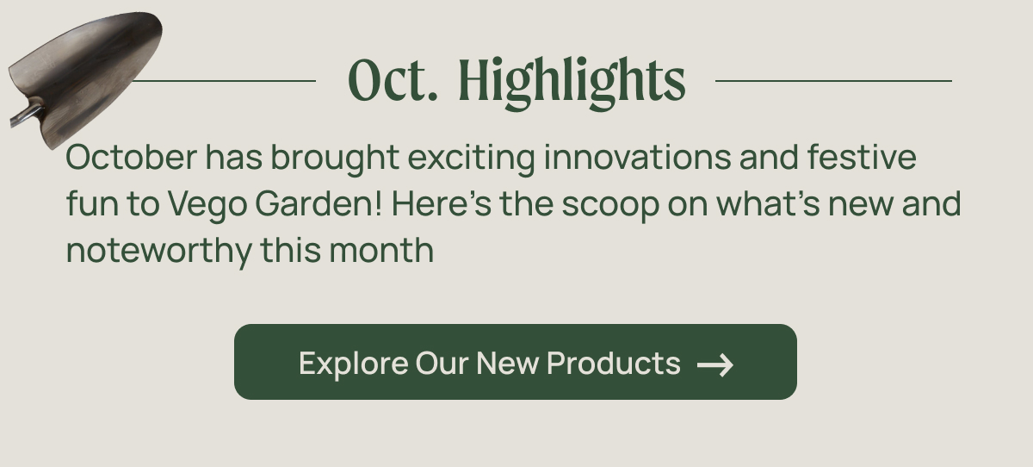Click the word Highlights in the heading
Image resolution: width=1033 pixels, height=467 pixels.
[x=572, y=82]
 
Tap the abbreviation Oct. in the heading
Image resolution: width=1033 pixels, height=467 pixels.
[x=393, y=80]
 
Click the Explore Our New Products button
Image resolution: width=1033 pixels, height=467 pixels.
[x=516, y=362]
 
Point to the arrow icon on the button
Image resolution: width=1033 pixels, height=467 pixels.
[x=715, y=365]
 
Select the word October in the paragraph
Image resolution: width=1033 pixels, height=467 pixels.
[x=132, y=158]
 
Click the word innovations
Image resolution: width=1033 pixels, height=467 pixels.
[x=637, y=158]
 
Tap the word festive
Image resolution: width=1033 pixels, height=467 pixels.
[x=862, y=158]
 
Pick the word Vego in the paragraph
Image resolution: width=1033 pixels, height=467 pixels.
[x=207, y=204]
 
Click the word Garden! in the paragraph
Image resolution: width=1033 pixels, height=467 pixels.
[x=319, y=203]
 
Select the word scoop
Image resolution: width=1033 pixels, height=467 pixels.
[x=610, y=204]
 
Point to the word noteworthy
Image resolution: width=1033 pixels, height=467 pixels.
[x=159, y=251]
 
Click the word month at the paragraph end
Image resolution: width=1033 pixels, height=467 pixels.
[x=381, y=250]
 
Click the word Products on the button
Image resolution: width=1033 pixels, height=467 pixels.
[x=613, y=363]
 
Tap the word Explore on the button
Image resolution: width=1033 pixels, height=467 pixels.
[x=353, y=364]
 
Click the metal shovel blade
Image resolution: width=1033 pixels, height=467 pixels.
[x=88, y=74]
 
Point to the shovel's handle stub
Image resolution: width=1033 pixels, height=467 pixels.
[x=26, y=116]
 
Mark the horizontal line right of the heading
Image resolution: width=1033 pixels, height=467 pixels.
[x=834, y=81]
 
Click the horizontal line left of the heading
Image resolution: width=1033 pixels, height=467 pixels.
[x=224, y=81]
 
